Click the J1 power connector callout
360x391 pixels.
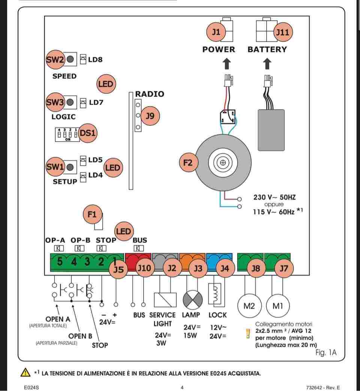[x=216, y=32]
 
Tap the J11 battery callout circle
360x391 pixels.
[x=283, y=32]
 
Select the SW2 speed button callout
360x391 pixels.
[x=55, y=60]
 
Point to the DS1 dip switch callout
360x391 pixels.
[x=88, y=133]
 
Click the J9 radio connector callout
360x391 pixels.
[x=150, y=116]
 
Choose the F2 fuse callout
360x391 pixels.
[x=189, y=162]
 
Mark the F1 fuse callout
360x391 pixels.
[x=92, y=215]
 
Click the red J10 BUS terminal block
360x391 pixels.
[x=138, y=262]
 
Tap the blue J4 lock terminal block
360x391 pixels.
[x=219, y=262]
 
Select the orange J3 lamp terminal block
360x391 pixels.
[x=192, y=262]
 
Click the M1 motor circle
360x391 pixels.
[x=277, y=306]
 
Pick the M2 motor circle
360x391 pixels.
[x=249, y=306]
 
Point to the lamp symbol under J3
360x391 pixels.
[x=193, y=300]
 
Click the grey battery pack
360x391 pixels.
[x=271, y=130]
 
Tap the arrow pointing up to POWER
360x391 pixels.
[x=226, y=64]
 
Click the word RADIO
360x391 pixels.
[x=150, y=94]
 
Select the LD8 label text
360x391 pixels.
[x=95, y=60]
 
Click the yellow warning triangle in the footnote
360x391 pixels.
[x=25, y=372]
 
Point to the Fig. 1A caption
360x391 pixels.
[x=326, y=352]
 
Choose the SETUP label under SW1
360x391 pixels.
[x=65, y=182]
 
